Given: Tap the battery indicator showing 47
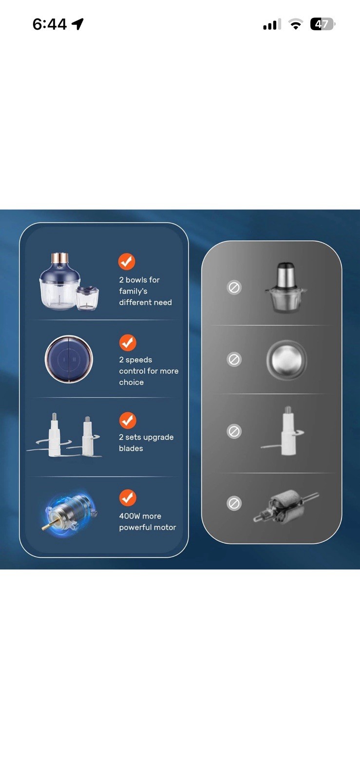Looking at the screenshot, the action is (x=322, y=24).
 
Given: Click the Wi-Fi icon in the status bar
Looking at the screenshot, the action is (x=295, y=24).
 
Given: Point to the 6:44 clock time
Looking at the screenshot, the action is (x=49, y=24).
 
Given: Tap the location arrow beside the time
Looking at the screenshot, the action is (x=77, y=24).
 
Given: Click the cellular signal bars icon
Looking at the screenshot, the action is (x=272, y=25).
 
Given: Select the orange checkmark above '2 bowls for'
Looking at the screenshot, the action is (x=127, y=261).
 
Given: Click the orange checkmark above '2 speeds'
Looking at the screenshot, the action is (x=128, y=343).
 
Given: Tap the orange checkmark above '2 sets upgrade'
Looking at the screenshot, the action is (x=128, y=421).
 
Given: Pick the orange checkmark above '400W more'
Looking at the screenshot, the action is (x=128, y=498).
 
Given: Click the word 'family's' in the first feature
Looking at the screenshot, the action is (x=133, y=292).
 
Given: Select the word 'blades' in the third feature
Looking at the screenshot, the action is (x=131, y=448).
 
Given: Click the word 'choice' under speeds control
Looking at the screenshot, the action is (x=131, y=382).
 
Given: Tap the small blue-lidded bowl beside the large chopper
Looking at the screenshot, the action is (x=88, y=298).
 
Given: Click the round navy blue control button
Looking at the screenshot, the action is (x=69, y=359).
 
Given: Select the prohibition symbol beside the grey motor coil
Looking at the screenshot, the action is (x=234, y=503).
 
